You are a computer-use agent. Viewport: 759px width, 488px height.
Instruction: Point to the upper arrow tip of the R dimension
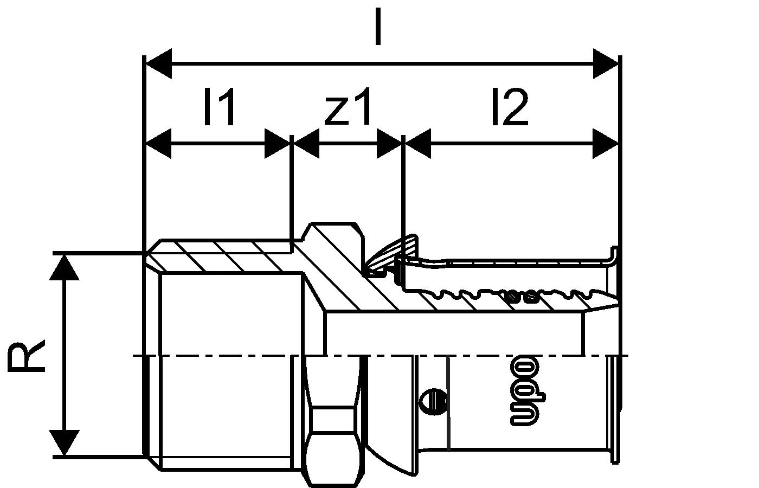(65, 255)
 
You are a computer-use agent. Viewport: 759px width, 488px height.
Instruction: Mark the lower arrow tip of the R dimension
(65, 455)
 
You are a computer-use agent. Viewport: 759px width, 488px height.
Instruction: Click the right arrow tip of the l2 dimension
(618, 144)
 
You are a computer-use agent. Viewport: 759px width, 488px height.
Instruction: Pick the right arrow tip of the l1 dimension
(290, 144)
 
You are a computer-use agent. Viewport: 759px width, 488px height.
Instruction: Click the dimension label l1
(219, 106)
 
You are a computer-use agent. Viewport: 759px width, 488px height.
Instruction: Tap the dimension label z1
(348, 106)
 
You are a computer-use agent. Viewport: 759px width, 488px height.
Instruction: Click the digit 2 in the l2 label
(516, 106)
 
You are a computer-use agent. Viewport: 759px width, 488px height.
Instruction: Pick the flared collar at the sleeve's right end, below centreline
(614, 409)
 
